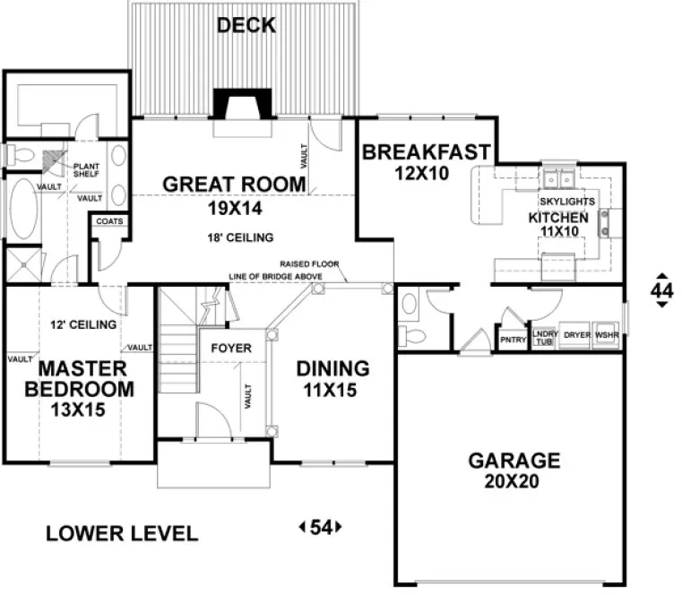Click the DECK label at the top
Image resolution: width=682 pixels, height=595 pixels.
(246, 25)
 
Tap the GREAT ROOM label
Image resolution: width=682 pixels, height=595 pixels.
(233, 185)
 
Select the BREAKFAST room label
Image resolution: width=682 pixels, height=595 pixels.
(426, 152)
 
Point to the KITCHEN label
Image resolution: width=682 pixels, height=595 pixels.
(558, 218)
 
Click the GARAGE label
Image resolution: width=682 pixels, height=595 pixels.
(514, 461)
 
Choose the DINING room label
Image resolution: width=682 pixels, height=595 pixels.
(333, 368)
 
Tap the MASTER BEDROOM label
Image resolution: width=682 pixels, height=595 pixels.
(80, 378)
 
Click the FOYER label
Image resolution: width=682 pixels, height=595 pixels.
(230, 348)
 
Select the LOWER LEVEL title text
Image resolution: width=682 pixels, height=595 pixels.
(121, 534)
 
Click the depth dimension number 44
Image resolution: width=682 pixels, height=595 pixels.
(661, 290)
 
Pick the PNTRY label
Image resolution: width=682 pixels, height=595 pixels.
(513, 340)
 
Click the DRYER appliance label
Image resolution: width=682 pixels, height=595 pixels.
(577, 335)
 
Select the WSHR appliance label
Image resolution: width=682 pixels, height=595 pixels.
(607, 335)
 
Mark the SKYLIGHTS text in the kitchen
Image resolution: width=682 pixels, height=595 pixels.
(568, 203)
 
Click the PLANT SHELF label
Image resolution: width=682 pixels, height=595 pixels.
(86, 169)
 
